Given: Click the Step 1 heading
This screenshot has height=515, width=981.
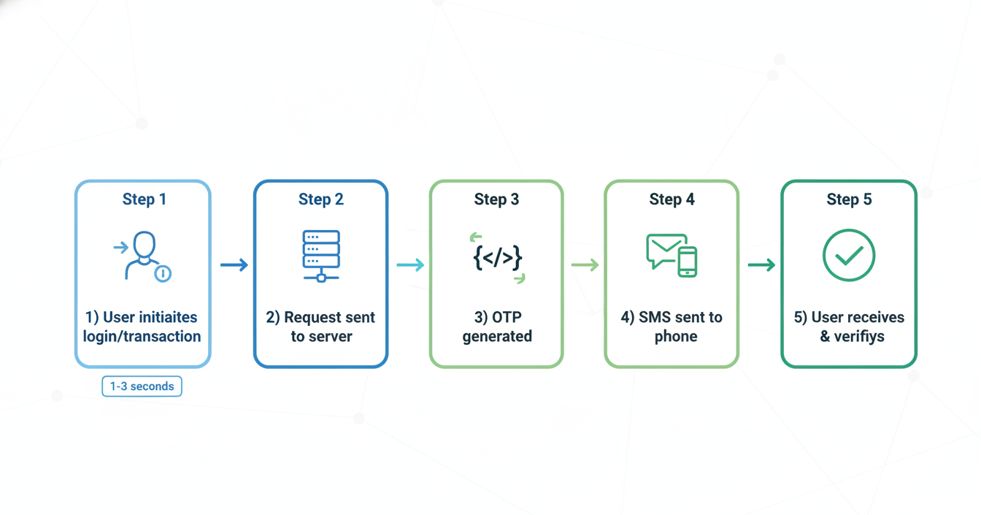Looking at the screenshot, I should click(x=144, y=199).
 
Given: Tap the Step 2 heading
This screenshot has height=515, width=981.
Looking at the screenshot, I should click(x=320, y=199).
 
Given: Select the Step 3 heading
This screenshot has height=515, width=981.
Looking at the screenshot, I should click(x=496, y=199).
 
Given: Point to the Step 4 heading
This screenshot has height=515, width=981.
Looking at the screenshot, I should click(x=672, y=199).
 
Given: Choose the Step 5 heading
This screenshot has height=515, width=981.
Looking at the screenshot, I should click(x=849, y=199).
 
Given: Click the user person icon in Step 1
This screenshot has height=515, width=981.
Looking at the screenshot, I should click(x=144, y=254).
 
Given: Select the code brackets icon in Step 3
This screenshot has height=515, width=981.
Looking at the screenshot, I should click(x=497, y=258).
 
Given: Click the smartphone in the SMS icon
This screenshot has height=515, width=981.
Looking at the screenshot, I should click(x=687, y=262).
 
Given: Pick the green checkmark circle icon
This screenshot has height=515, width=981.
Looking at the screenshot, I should click(x=849, y=256).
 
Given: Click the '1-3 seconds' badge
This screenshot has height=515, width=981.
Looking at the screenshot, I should click(x=142, y=386).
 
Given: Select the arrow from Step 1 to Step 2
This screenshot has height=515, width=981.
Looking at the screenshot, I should click(x=234, y=265).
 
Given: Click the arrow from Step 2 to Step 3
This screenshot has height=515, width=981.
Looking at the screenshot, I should click(x=410, y=265).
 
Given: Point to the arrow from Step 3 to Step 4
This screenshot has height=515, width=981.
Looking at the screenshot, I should click(x=585, y=265).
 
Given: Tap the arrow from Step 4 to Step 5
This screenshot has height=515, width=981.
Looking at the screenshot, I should click(x=761, y=265).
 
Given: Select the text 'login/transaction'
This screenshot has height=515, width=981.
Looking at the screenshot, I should click(x=142, y=337).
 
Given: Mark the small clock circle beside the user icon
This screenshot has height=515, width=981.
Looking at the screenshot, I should click(x=163, y=274).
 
